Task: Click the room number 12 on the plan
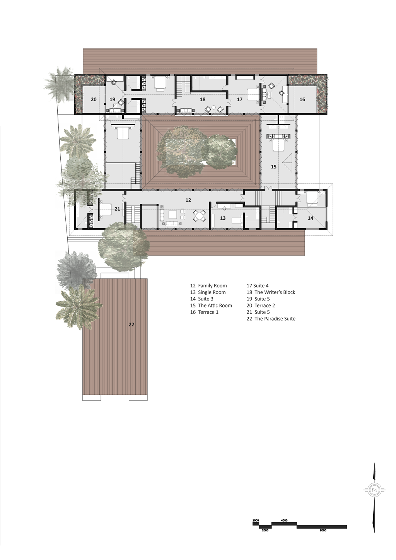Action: click(188, 200)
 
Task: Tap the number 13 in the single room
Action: click(222, 218)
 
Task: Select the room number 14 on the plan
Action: click(310, 218)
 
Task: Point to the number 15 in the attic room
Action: click(273, 167)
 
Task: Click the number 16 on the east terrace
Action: click(302, 99)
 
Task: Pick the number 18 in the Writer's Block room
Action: click(203, 99)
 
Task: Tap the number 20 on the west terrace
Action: click(94, 99)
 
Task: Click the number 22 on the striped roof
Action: click(131, 324)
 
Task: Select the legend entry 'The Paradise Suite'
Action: click(275, 319)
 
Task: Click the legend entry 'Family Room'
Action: click(212, 286)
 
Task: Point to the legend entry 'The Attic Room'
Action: click(215, 306)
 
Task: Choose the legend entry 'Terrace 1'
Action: click(208, 312)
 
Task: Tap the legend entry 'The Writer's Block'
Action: click(275, 292)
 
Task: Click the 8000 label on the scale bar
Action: click(323, 530)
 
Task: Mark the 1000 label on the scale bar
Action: click(256, 521)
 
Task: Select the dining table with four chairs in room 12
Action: click(199, 216)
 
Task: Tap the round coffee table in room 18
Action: click(213, 108)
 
